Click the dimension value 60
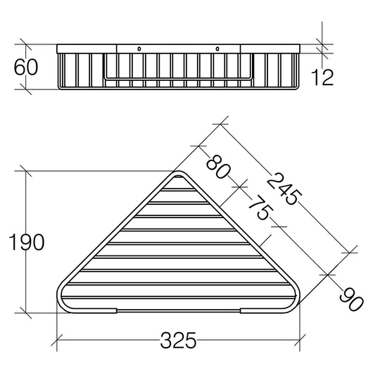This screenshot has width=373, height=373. point(26,67)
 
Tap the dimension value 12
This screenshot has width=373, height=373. point(322,77)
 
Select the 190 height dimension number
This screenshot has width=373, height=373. point(27,242)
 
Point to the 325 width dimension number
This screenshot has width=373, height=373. point(178,341)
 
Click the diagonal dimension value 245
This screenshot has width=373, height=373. point(284,189)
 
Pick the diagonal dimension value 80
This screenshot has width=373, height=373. point(218,167)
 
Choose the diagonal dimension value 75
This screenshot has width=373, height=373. point(260,208)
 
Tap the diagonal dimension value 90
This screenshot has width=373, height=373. point(352,299)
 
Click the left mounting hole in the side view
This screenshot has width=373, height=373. point(139,49)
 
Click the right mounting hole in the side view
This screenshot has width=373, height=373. point(217,49)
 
